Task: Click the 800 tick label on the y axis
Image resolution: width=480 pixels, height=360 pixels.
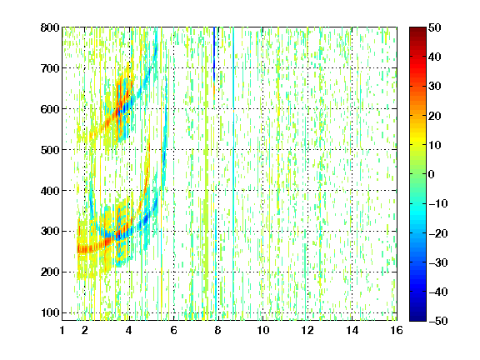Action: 50,27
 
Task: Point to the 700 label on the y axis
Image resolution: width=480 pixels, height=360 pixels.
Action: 50,68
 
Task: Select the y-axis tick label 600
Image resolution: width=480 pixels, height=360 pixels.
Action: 50,109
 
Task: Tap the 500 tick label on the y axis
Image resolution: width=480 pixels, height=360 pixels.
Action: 50,150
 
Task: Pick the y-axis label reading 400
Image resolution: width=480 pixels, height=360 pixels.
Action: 50,191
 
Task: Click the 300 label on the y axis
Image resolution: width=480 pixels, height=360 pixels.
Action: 50,231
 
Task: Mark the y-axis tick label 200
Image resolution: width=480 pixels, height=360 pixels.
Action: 50,272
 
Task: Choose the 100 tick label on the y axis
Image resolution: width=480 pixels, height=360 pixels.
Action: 50,312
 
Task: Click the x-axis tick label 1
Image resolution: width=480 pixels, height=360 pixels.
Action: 62,330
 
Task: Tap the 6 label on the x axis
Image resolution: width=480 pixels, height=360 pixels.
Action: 174,330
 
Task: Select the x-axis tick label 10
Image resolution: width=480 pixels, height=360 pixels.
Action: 263,330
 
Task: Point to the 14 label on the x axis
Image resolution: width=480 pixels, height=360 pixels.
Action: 352,330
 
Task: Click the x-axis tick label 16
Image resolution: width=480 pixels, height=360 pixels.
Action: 397,330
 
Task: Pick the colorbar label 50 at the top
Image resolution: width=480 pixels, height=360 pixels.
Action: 435,27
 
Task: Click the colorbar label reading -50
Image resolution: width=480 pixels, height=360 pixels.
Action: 438,321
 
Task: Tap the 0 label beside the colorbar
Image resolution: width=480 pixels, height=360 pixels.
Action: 432,174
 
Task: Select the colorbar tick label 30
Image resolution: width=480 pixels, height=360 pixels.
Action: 435,86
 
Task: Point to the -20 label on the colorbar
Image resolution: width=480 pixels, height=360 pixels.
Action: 438,233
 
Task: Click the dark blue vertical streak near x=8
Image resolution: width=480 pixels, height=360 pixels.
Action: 214,53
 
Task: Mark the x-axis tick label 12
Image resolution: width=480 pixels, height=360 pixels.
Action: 307,330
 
